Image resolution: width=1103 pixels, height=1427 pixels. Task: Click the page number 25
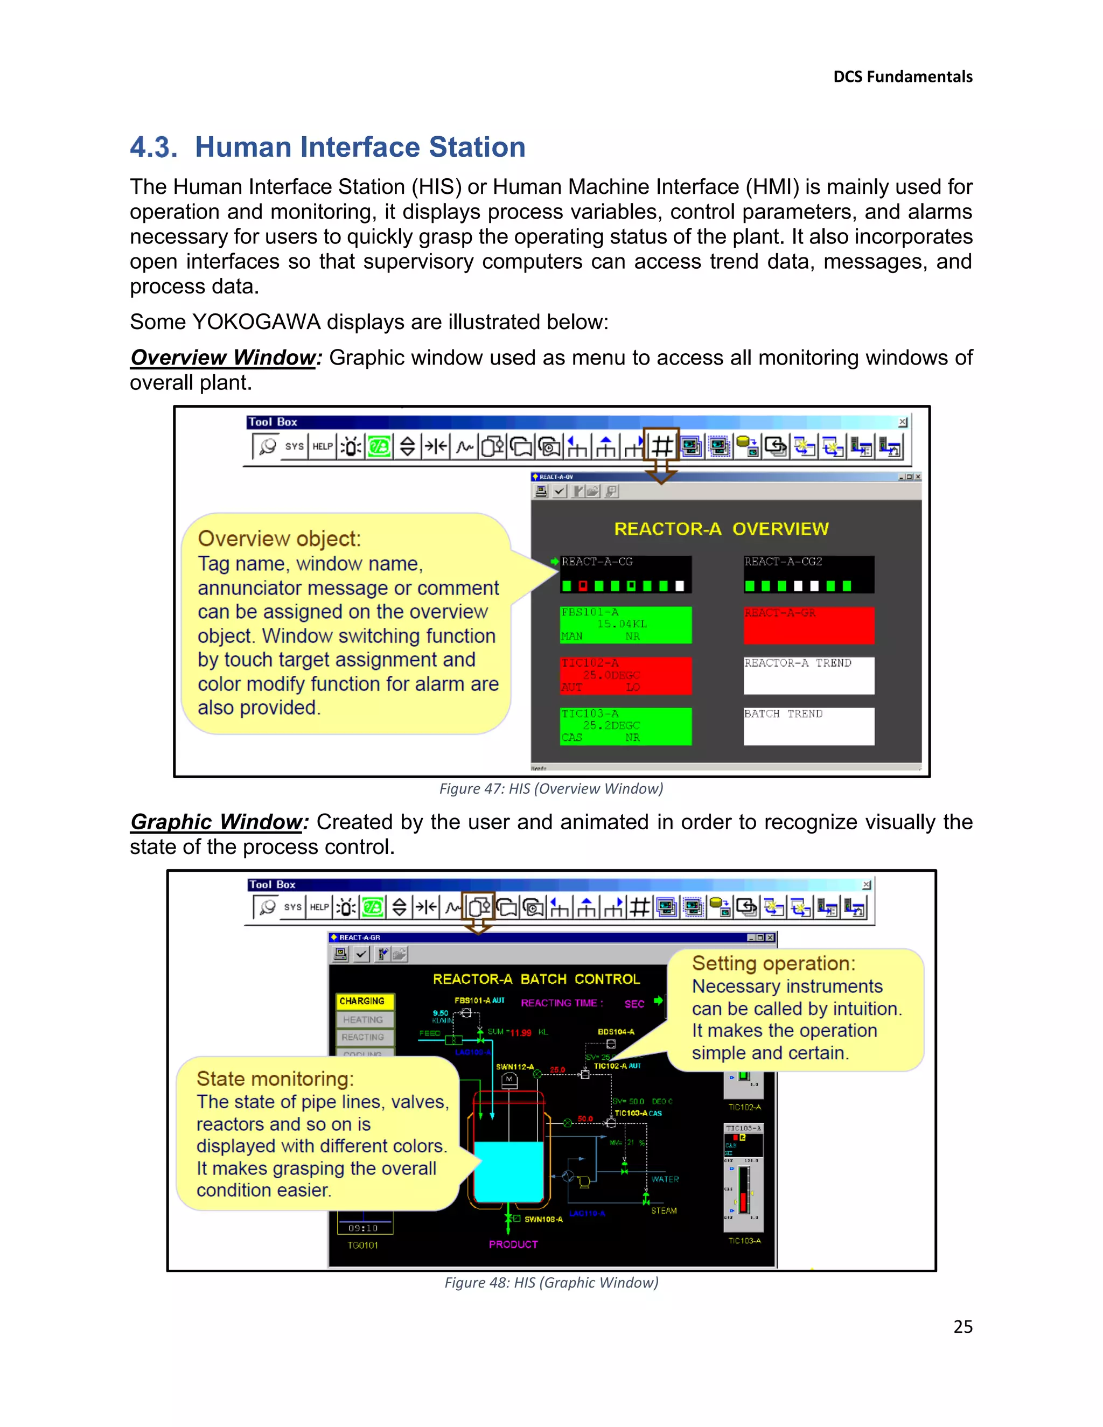point(962,1326)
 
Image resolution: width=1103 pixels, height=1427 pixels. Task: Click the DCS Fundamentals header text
point(903,76)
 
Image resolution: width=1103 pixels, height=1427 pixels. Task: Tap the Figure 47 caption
point(551,789)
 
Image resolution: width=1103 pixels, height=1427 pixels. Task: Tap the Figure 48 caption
point(551,1283)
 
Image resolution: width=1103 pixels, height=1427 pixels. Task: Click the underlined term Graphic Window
point(218,821)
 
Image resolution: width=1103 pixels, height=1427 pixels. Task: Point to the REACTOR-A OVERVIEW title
point(721,529)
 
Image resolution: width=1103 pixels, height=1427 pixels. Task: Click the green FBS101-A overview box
point(625,625)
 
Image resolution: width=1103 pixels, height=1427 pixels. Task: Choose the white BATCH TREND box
point(808,726)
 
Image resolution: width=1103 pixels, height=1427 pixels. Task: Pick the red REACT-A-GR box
point(808,625)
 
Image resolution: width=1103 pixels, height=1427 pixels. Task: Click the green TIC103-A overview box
point(625,726)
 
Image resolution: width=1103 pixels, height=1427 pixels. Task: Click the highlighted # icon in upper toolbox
point(661,447)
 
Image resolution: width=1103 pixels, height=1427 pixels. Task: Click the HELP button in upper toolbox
point(322,447)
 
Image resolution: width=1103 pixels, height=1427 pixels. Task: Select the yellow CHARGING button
point(364,1001)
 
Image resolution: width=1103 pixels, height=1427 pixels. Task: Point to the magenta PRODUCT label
point(513,1244)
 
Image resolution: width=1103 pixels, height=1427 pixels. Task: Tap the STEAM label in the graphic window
point(663,1211)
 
